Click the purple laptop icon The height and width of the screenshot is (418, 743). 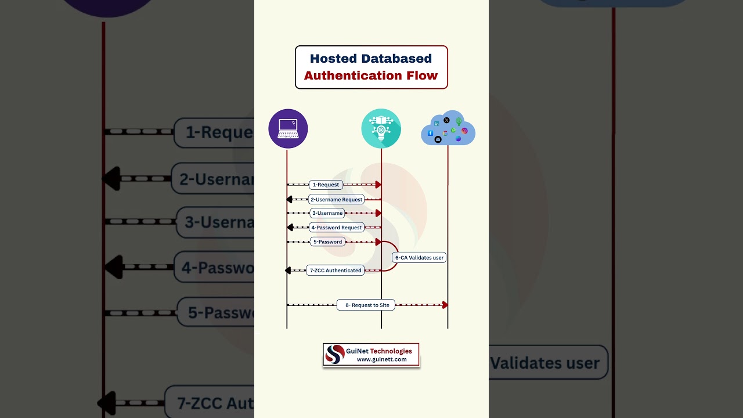coord(288,128)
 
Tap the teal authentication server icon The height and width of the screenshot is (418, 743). coord(381,128)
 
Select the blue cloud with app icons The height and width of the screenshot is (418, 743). coord(448,129)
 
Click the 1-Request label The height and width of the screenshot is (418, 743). coord(326,185)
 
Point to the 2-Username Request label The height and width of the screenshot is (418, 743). coord(336,199)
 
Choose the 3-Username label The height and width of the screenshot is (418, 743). coord(327,213)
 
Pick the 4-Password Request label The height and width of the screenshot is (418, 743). coord(336,228)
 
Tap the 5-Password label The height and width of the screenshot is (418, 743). coord(327,242)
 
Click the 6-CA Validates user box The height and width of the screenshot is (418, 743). coord(419,257)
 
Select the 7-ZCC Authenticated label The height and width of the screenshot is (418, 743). coord(336,270)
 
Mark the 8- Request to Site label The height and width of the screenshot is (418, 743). coord(366,305)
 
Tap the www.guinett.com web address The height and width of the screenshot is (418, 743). coord(381,359)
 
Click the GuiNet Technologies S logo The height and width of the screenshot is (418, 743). coord(335,354)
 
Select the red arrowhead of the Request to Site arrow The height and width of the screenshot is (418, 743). coord(445,305)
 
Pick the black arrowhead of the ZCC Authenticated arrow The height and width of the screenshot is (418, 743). coord(288,271)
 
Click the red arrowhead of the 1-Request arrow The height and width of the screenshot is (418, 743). coord(378,185)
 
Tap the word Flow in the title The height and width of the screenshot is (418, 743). coord(423,75)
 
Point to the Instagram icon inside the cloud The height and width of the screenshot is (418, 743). coord(464,131)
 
